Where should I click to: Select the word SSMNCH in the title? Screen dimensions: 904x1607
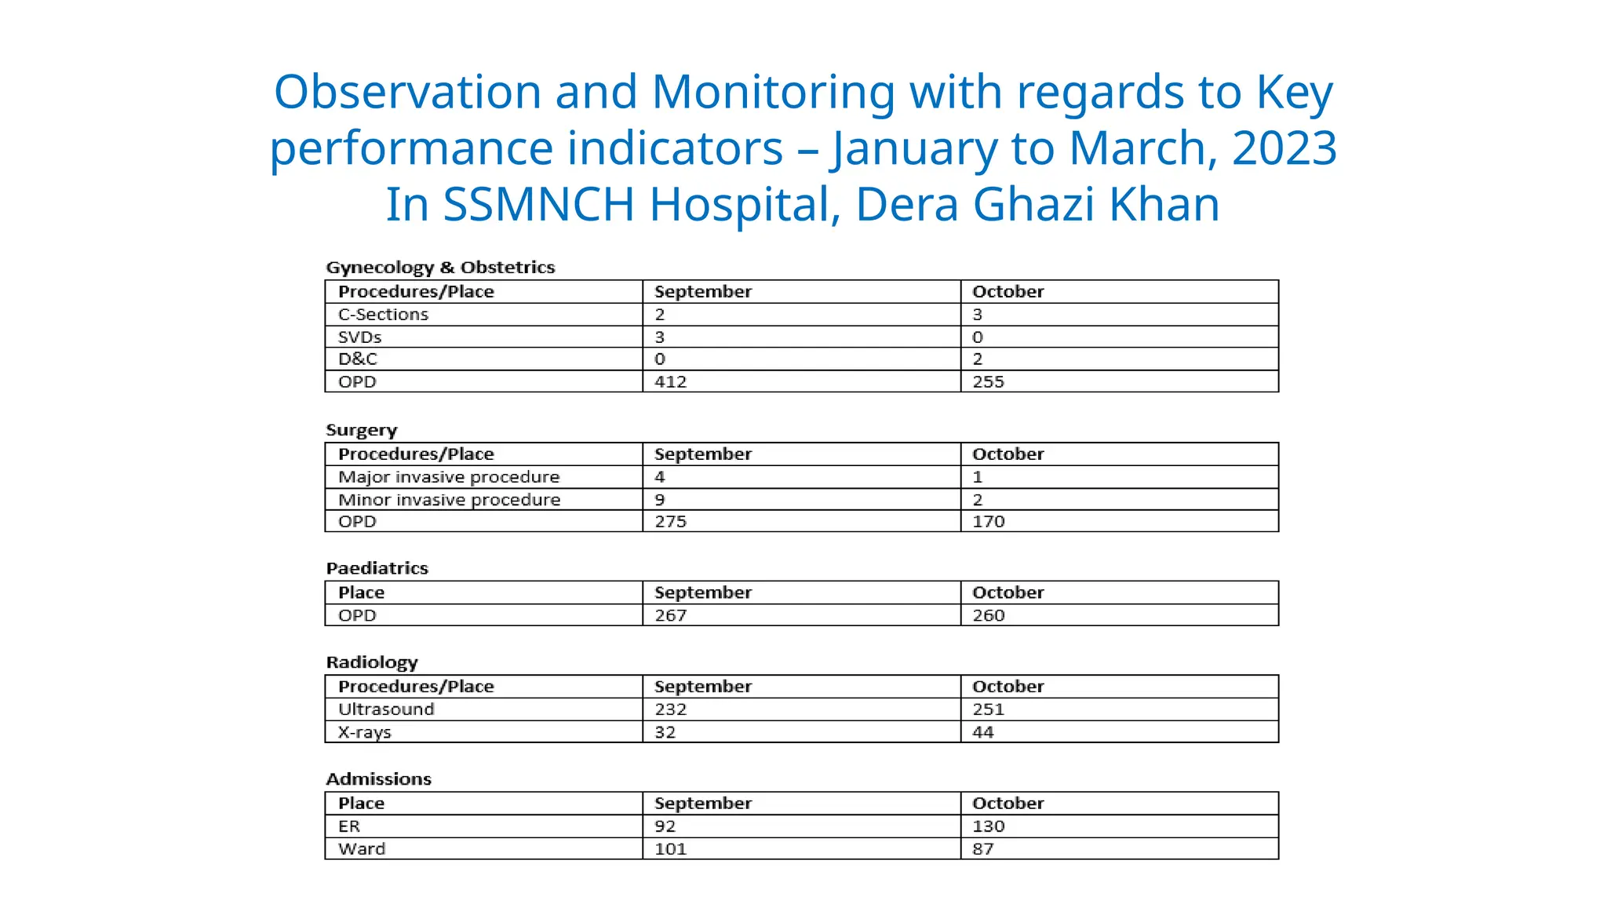click(x=538, y=204)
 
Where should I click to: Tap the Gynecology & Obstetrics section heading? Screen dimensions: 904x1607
click(x=440, y=268)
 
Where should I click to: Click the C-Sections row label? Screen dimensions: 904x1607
click(x=383, y=315)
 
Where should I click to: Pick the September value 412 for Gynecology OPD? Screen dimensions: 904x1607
click(x=670, y=382)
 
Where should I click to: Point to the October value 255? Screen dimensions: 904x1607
click(x=988, y=382)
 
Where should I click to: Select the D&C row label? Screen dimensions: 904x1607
click(x=357, y=359)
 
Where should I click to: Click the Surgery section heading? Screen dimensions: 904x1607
click(x=362, y=430)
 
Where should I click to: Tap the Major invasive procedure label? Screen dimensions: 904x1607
click(x=449, y=477)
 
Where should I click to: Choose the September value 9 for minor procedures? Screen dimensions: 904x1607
click(x=660, y=500)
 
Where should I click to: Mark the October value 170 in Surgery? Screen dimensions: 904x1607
click(x=988, y=522)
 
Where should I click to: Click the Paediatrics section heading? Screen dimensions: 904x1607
click(x=377, y=568)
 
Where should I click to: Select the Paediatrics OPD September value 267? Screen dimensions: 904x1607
click(x=670, y=615)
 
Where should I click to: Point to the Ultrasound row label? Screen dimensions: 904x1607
click(x=386, y=709)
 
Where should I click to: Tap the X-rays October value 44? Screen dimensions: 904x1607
click(x=982, y=732)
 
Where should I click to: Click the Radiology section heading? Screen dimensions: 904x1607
click(x=372, y=662)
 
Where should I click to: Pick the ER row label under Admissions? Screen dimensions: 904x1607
click(x=349, y=826)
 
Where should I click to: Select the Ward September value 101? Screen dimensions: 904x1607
click(x=670, y=849)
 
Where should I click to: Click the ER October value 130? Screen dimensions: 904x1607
click(x=988, y=826)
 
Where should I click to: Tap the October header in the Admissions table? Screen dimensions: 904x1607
click(x=1008, y=804)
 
